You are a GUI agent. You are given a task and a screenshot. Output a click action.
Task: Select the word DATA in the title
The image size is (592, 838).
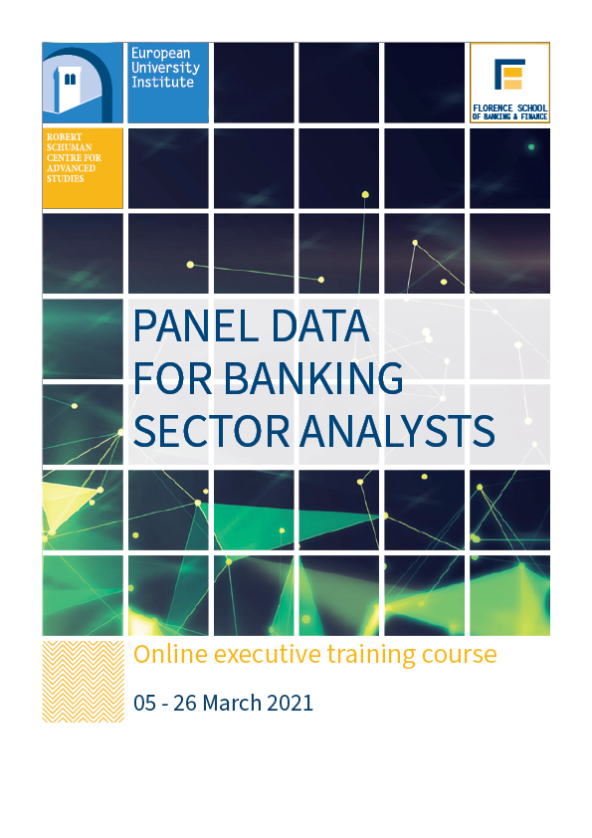pos(320,326)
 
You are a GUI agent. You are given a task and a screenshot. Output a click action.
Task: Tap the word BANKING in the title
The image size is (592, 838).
pos(313,378)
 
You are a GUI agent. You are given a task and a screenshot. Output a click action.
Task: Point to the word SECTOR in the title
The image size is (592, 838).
pos(212,431)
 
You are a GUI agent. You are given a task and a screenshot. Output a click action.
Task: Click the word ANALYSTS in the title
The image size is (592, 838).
pos(397,431)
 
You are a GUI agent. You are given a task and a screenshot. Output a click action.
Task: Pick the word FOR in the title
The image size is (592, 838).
pos(172,378)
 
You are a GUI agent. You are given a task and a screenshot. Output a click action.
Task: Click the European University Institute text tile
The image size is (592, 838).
pos(168,83)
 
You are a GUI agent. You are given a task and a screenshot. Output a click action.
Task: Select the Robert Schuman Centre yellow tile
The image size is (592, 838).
pos(83,168)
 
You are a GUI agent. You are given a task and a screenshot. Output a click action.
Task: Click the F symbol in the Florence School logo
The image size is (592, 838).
pos(509,74)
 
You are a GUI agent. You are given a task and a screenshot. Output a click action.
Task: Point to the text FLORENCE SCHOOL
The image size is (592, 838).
pos(509,107)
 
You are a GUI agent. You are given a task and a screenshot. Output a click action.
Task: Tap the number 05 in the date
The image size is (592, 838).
pos(145,703)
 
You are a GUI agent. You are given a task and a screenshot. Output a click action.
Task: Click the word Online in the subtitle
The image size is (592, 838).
pos(170,654)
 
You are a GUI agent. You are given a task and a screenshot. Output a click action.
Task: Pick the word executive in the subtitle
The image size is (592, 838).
pos(268,654)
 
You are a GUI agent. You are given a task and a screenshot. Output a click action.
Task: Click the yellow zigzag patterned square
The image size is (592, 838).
pos(83,682)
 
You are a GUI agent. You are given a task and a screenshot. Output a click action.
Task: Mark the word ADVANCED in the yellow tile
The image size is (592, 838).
pos(71,168)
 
